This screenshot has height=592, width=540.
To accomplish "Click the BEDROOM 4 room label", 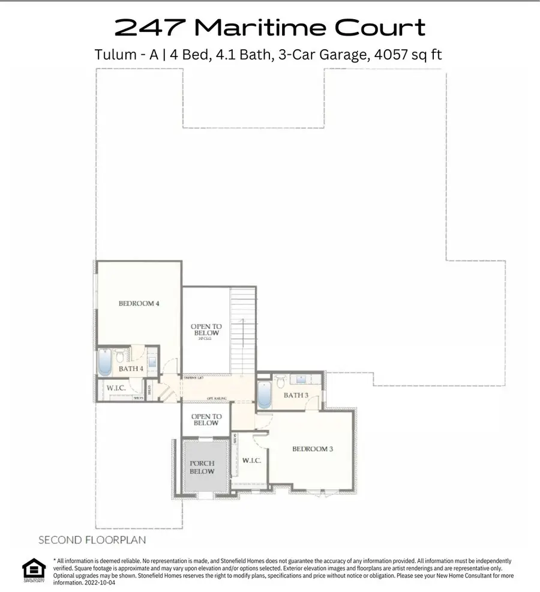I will (139, 304).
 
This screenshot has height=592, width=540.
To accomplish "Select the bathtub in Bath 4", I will (105, 364).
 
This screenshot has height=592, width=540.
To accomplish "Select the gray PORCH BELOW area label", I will (202, 468).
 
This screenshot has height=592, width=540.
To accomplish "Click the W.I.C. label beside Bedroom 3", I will (250, 462).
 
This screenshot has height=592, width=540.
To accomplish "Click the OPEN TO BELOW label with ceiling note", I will (205, 331).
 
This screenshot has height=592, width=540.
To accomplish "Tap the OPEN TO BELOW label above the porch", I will (206, 420).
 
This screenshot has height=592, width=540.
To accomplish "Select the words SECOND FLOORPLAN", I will (92, 540).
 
